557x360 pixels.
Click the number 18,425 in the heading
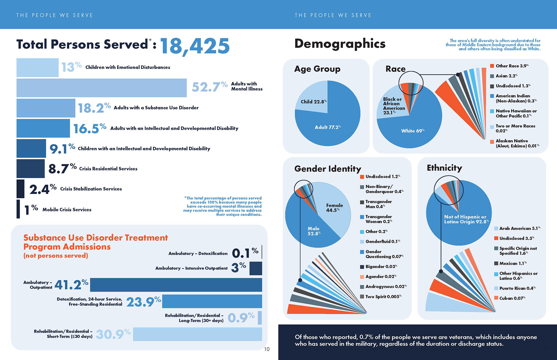[195, 46]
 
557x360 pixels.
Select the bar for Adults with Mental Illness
[102, 88]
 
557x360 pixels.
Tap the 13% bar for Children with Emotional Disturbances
[37, 68]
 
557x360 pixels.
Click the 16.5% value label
[90, 128]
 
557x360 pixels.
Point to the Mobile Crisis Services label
[67, 210]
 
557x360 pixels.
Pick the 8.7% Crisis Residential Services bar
[30, 169]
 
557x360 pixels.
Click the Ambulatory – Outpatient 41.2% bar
[176, 285]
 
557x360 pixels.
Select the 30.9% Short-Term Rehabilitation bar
[197, 334]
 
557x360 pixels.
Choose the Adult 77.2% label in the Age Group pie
[328, 127]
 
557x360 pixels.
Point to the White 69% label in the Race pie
[413, 131]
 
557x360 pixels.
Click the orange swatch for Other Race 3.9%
[492, 66]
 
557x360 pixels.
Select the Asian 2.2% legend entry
[506, 76]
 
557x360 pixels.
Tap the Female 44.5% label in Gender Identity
[334, 208]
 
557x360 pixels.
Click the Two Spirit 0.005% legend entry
[383, 297]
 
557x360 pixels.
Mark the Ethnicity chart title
[444, 168]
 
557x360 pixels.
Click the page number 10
[267, 349]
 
